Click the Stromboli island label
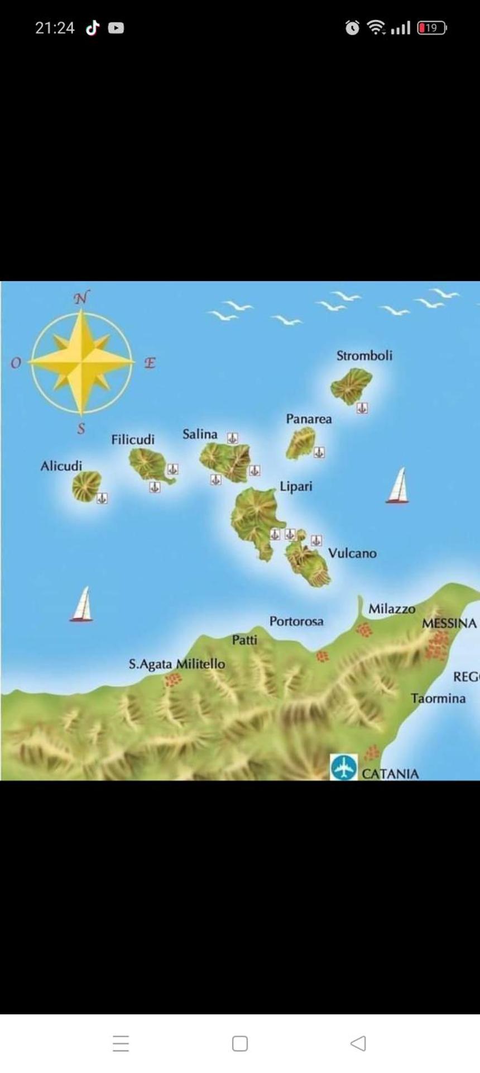coord(364,356)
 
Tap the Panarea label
coord(309,419)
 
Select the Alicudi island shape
coord(86,486)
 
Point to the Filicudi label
coord(133,440)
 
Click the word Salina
coord(200,434)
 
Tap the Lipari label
coord(296,487)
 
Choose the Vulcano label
coord(352,553)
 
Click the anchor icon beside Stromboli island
coord(362,409)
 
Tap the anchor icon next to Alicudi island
coord(102,498)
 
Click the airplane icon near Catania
coord(343,767)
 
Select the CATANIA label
coord(390,774)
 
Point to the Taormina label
coord(438,699)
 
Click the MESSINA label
coord(449,624)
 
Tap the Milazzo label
coord(392,609)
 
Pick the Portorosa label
coord(296,621)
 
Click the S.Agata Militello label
coord(177,664)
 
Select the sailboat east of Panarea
coord(398,486)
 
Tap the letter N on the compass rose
coord(81,298)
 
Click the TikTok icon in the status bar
coord(93,27)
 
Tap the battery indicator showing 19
coord(431,27)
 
